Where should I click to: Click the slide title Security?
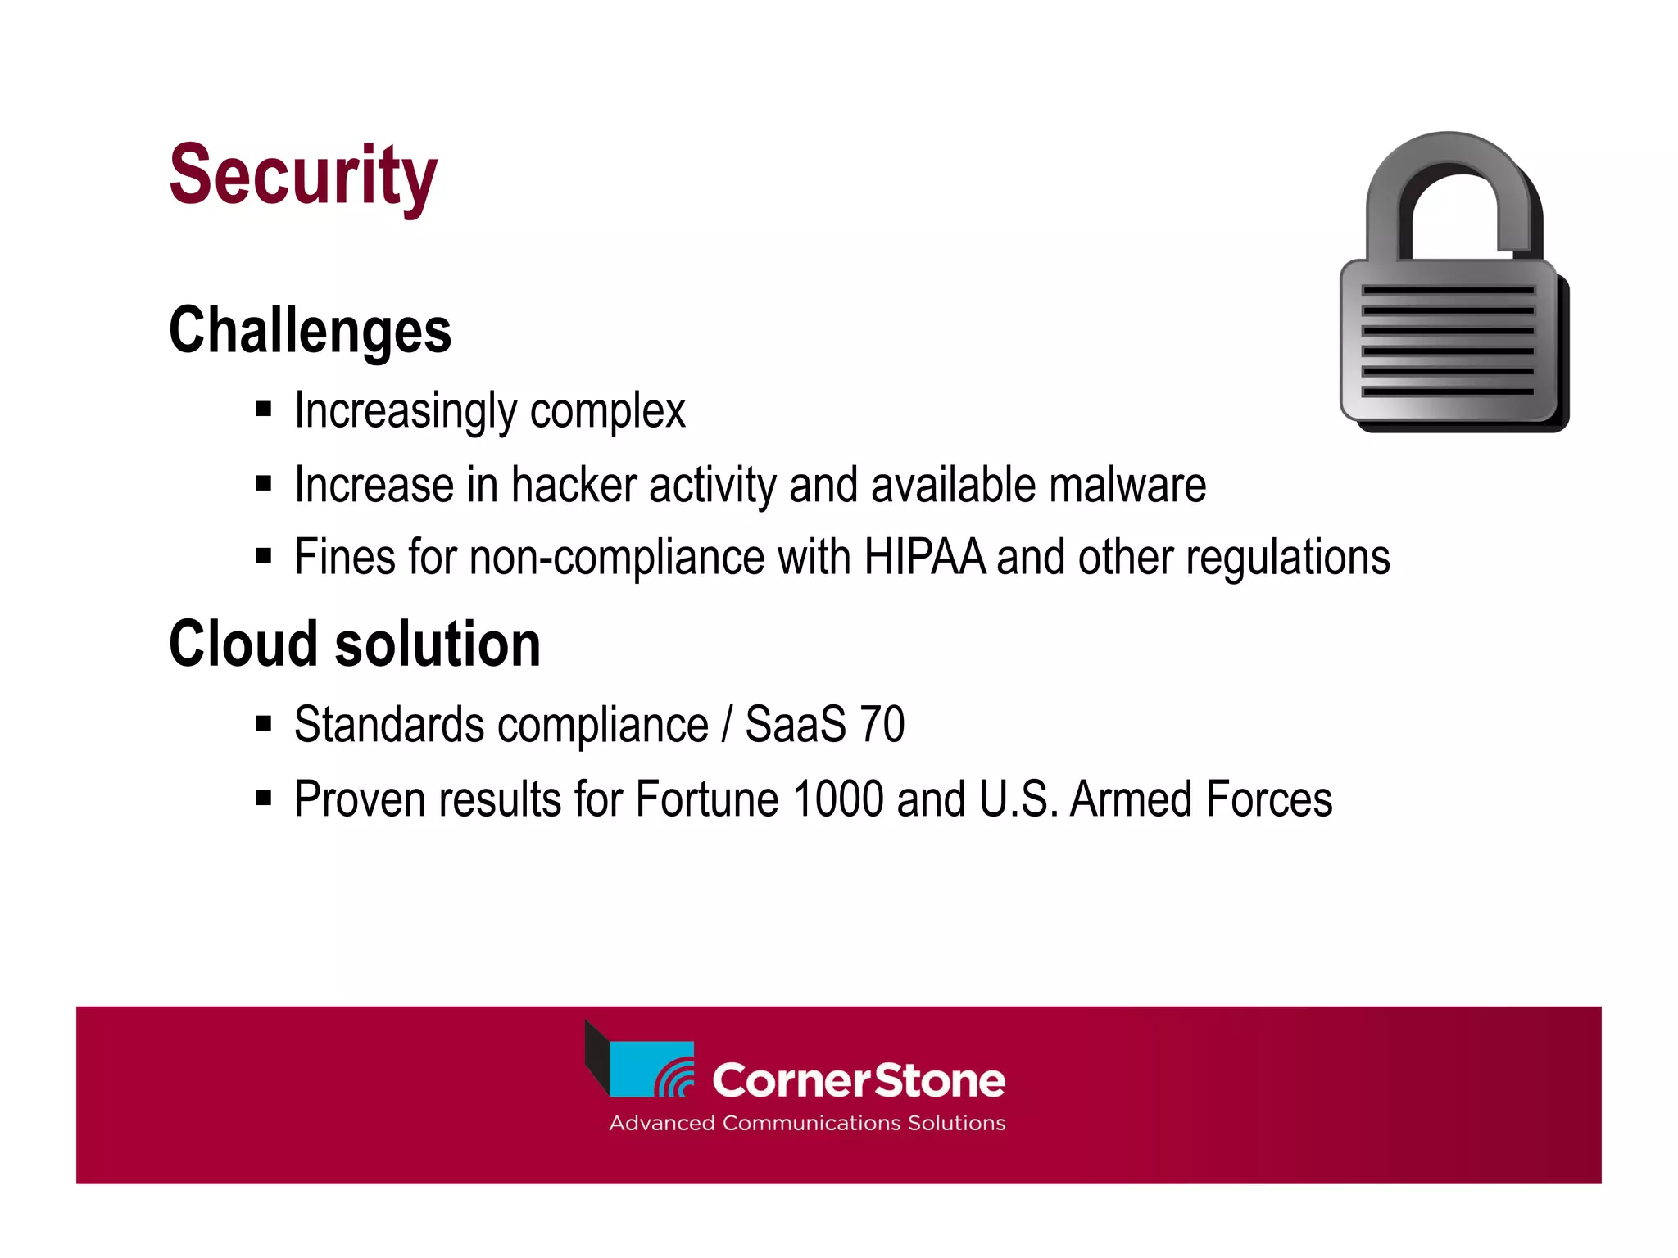point(303,175)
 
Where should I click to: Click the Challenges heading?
point(310,330)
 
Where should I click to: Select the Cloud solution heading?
point(354,644)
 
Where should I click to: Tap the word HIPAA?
point(924,558)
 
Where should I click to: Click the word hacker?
point(574,485)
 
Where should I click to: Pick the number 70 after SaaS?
point(882,725)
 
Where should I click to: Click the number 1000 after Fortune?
point(838,799)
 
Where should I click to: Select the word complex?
point(607,411)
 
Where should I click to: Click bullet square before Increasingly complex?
point(263,409)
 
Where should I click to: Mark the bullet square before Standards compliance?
point(263,723)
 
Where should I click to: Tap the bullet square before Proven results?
point(263,798)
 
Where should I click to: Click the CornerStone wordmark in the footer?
point(858,1080)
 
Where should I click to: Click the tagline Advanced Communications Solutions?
point(806,1123)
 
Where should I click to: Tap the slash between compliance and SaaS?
point(726,725)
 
